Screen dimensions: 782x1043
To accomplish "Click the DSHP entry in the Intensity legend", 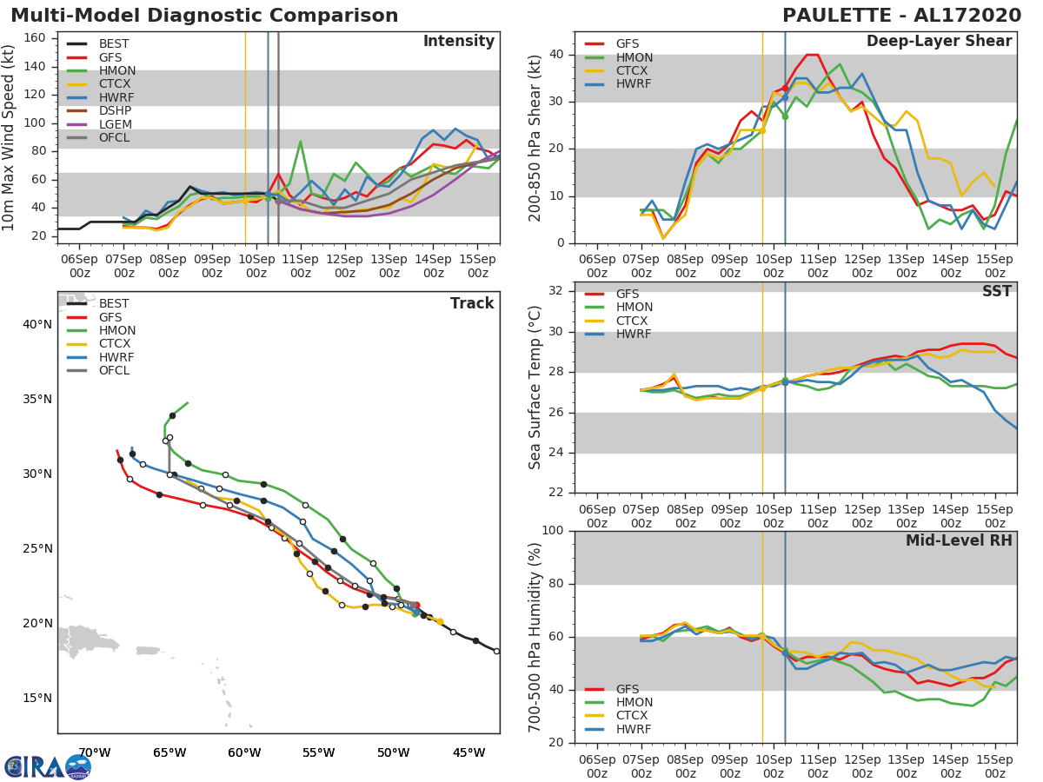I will pyautogui.click(x=114, y=112).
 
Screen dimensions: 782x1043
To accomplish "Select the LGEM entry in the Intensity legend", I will pyautogui.click(x=114, y=126).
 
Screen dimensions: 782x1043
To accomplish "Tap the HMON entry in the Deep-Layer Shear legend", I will pyautogui.click(x=634, y=57).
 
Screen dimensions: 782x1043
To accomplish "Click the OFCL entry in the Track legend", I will pyautogui.click(x=114, y=371).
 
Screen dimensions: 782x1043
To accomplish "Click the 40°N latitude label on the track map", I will pyautogui.click(x=37, y=325).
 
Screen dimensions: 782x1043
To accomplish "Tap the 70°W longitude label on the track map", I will pyautogui.click(x=95, y=752).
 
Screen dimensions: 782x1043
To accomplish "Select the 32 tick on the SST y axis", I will pyautogui.click(x=559, y=291).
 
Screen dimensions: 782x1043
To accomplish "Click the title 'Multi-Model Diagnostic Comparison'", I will pyautogui.click(x=204, y=16).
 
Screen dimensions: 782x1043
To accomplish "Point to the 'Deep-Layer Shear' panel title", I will pyautogui.click(x=939, y=42).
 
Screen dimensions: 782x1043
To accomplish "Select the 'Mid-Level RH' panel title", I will pyautogui.click(x=959, y=540).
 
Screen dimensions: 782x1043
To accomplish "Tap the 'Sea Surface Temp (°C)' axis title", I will pyautogui.click(x=535, y=388).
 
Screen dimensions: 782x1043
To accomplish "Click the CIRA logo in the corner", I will pyautogui.click(x=48, y=766).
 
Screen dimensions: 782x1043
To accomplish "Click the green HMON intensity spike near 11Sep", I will pyautogui.click(x=300, y=142).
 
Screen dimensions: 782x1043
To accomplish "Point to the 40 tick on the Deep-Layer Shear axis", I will pyautogui.click(x=559, y=55).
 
